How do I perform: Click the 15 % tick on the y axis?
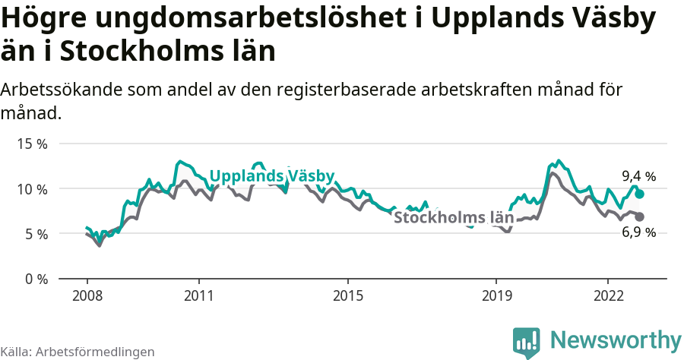point(32,144)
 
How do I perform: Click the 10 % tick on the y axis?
point(32,188)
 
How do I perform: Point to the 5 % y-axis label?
point(35,234)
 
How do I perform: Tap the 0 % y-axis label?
point(35,279)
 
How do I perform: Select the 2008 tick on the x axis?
point(87,295)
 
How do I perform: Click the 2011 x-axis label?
point(198,295)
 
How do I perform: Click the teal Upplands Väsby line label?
point(271,176)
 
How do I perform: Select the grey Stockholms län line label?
point(453,218)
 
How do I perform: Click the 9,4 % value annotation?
point(638,176)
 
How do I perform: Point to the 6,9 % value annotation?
point(638,232)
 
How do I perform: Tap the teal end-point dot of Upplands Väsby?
point(639,194)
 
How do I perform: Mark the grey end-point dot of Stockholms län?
point(639,216)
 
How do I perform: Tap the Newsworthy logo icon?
point(526,342)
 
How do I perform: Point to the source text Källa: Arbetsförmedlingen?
point(78,352)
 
